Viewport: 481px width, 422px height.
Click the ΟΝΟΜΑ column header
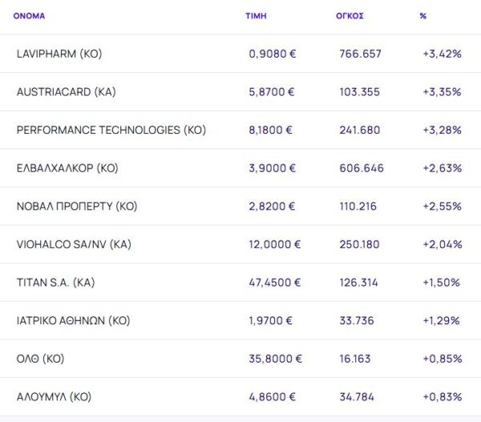(29, 15)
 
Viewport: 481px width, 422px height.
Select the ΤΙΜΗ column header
(256, 15)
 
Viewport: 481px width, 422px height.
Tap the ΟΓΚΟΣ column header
(350, 15)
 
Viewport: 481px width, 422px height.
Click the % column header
(422, 15)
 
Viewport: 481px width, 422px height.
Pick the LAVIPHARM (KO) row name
(59, 54)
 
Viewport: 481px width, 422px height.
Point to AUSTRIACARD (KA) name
(66, 92)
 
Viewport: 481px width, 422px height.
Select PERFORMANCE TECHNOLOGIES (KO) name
(111, 130)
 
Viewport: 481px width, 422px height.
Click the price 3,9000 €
(272, 168)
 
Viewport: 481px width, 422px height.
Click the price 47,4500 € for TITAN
(275, 282)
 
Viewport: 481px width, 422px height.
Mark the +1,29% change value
(441, 320)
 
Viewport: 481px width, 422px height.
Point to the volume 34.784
(358, 396)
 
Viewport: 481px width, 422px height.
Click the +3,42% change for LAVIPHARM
(442, 54)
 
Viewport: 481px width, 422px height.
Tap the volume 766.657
(361, 54)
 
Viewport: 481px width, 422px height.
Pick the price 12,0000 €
(275, 244)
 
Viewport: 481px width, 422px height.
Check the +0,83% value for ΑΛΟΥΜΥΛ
(442, 396)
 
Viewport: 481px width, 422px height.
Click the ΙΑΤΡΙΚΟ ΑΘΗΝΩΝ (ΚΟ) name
(73, 320)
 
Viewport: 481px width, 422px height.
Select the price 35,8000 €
(275, 358)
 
